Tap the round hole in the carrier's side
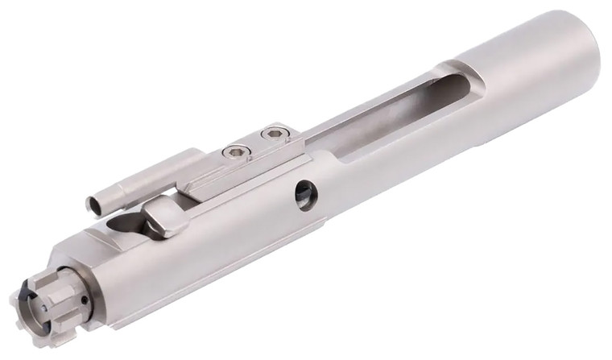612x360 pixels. (x=306, y=194)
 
